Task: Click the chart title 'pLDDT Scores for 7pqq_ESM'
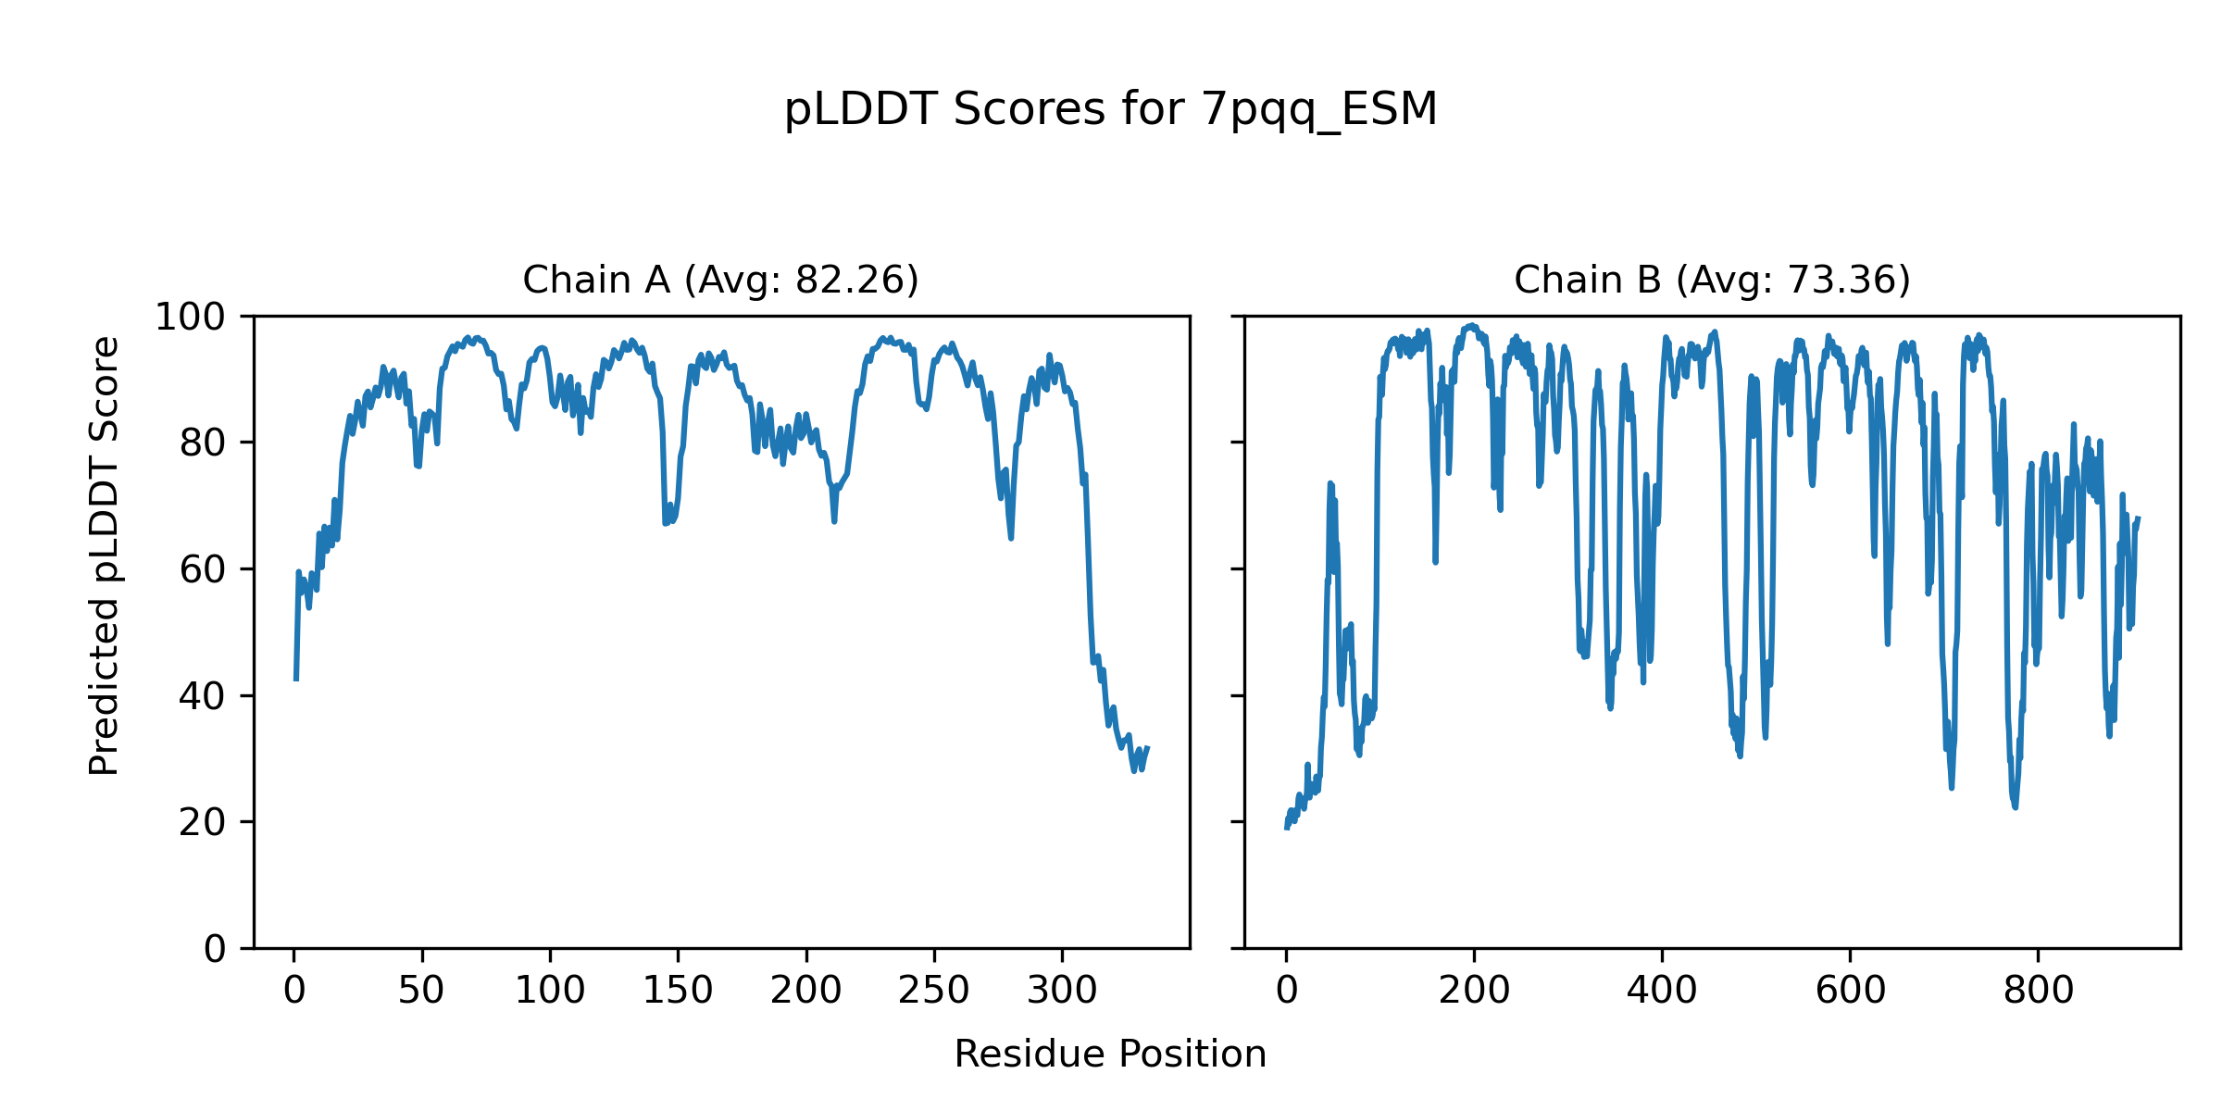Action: pyautogui.click(x=1110, y=110)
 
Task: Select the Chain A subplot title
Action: pyautogui.click(x=720, y=280)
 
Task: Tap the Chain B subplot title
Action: pyautogui.click(x=1712, y=280)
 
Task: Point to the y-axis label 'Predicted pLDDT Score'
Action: pyautogui.click(x=104, y=555)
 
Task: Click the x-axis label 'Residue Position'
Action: pyautogui.click(x=1110, y=1055)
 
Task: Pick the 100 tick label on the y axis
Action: pyautogui.click(x=190, y=318)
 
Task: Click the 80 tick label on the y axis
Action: pyautogui.click(x=203, y=443)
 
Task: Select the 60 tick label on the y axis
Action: pyautogui.click(x=203, y=570)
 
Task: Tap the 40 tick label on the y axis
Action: pyautogui.click(x=203, y=696)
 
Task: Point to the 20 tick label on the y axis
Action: pyautogui.click(x=203, y=822)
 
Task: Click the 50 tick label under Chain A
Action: pyautogui.click(x=422, y=991)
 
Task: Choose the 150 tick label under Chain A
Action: pyautogui.click(x=678, y=991)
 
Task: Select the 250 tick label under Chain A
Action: pyautogui.click(x=934, y=991)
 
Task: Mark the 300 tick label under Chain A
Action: pyautogui.click(x=1062, y=991)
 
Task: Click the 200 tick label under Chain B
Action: pyautogui.click(x=1474, y=991)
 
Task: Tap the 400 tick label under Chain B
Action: pyautogui.click(x=1662, y=991)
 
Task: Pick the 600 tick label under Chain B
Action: pyautogui.click(x=1850, y=991)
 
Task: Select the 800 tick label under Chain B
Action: pyautogui.click(x=2038, y=991)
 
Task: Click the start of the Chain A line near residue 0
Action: pyautogui.click(x=296, y=678)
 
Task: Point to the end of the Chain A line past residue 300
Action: pyautogui.click(x=1147, y=748)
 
